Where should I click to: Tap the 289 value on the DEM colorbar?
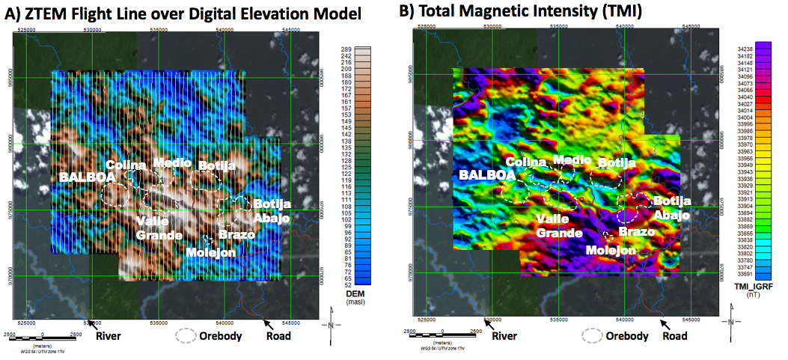click(x=346, y=49)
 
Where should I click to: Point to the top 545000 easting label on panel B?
click(x=691, y=25)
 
